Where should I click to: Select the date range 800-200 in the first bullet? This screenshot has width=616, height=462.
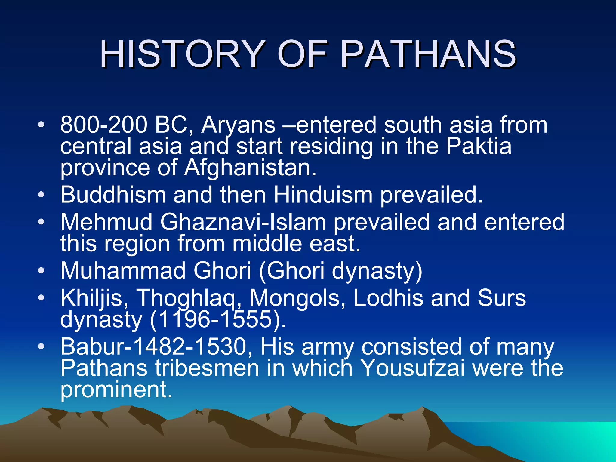tap(103, 125)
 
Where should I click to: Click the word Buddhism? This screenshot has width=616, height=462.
tap(113, 195)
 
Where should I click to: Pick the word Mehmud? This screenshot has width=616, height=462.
tap(106, 222)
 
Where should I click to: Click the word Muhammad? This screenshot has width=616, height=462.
tap(123, 270)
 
